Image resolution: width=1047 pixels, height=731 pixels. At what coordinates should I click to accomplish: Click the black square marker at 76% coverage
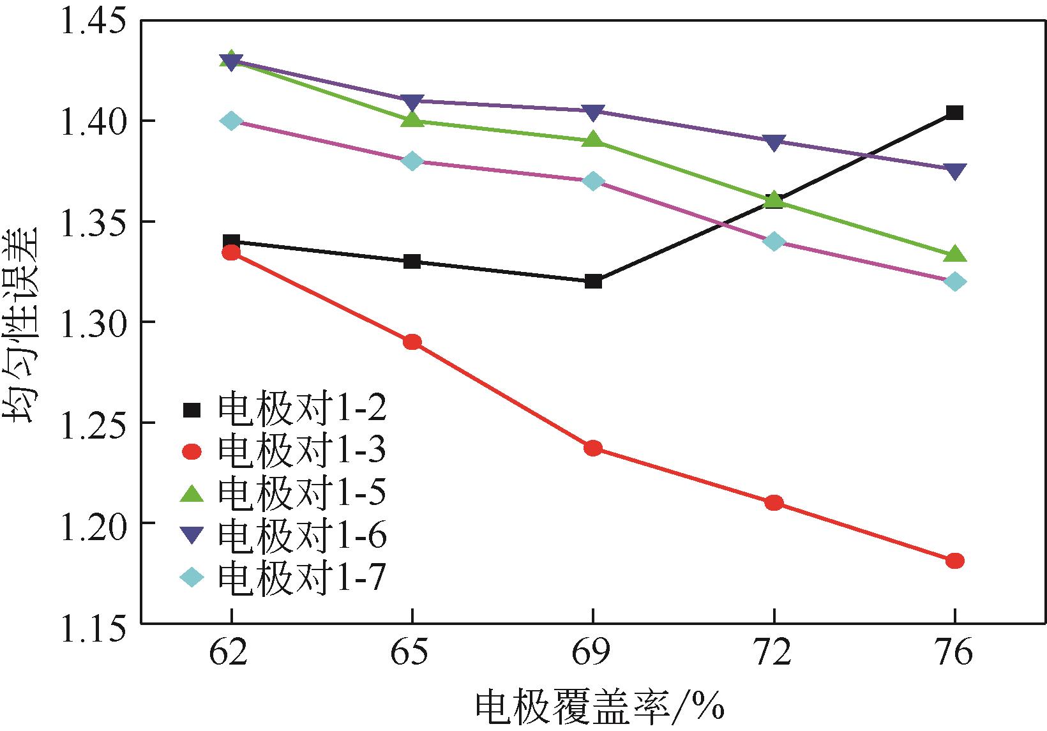click(954, 113)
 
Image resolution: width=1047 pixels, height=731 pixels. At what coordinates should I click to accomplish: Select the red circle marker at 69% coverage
click(593, 448)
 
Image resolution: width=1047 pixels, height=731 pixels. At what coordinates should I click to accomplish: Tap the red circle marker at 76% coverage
click(954, 561)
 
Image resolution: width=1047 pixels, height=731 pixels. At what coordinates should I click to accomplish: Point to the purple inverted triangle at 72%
click(774, 142)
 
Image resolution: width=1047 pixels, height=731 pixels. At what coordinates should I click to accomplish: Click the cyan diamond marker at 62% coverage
click(232, 121)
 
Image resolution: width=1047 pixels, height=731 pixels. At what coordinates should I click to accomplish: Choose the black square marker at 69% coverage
click(593, 281)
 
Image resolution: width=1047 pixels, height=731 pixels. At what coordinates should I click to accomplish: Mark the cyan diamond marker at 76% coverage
click(954, 282)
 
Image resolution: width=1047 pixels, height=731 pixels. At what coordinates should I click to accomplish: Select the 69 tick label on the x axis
click(593, 654)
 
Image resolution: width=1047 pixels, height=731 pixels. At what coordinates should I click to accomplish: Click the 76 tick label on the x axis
click(954, 654)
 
